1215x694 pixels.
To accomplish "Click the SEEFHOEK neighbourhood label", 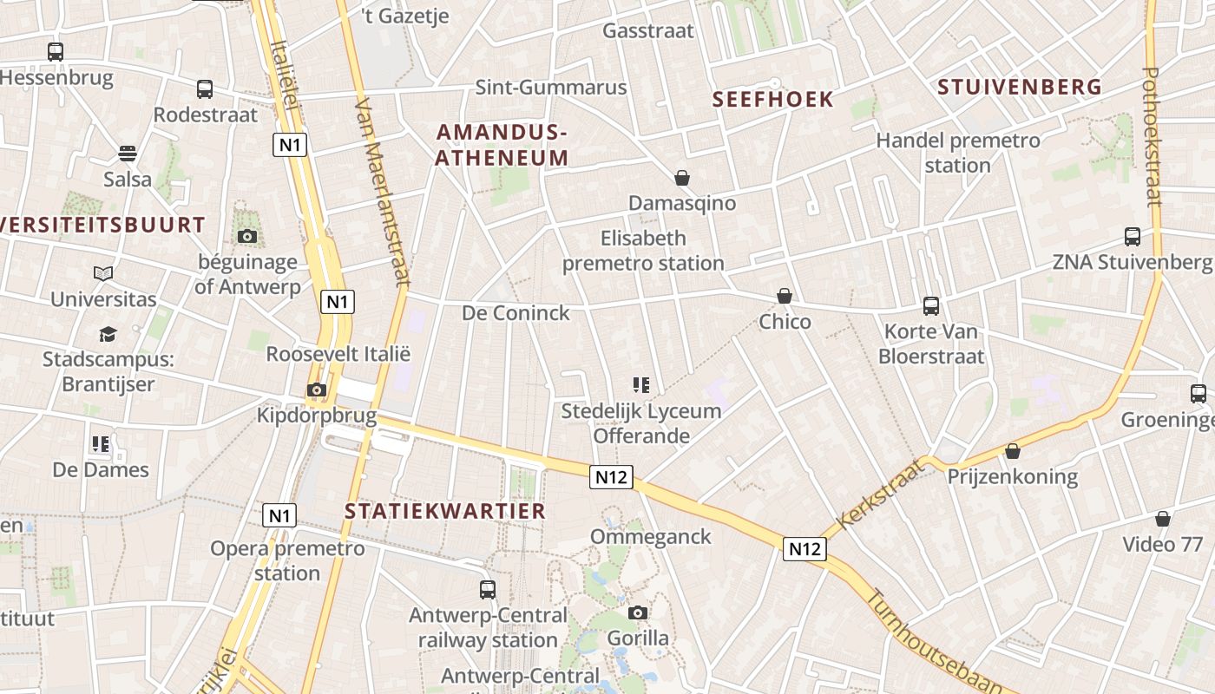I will [772, 99].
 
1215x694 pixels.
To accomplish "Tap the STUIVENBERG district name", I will [1020, 87].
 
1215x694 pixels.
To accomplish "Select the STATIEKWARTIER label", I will [445, 511].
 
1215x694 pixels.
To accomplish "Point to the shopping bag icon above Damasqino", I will [682, 178].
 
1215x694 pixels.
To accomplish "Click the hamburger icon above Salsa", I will [128, 154].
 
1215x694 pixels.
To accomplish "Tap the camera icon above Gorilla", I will [638, 613].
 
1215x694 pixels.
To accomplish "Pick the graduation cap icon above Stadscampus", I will [108, 334].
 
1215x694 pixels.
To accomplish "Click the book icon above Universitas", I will [103, 274].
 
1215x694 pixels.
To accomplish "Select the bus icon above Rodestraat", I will [205, 89].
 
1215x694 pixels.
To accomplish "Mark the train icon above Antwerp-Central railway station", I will [488, 590].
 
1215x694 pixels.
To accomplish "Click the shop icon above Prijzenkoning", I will [1012, 451].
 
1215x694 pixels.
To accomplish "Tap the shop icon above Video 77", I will [1163, 520].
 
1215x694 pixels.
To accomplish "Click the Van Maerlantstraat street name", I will [382, 191].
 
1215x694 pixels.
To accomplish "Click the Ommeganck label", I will [651, 537].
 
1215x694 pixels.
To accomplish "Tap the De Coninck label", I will [516, 312].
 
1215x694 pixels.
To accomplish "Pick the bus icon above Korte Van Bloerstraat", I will [931, 306].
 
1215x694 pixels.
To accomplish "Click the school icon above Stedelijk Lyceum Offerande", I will [641, 385].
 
